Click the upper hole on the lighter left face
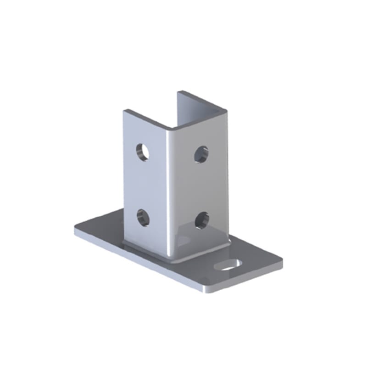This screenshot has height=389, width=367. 143,151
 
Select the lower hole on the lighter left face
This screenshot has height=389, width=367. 143,217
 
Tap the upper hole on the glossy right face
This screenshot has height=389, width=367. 201,154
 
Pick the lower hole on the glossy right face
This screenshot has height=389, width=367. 201,220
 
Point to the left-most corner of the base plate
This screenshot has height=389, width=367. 75,231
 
